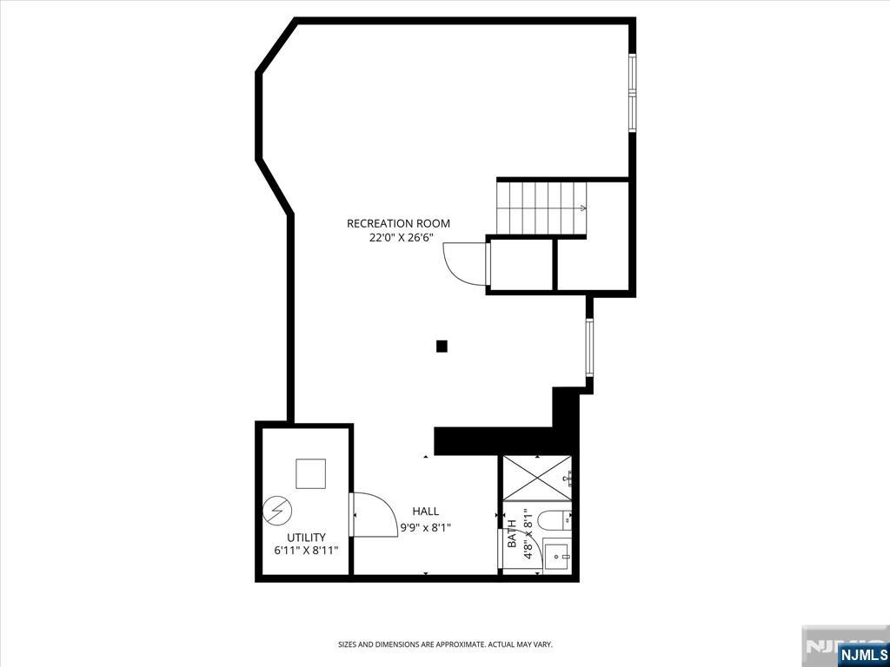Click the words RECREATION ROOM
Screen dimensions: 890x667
(x=398, y=223)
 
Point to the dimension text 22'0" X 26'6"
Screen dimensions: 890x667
(x=398, y=238)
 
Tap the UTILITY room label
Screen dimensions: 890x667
(x=306, y=537)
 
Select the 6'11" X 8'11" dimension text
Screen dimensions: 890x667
(x=306, y=551)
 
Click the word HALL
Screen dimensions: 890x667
(x=426, y=512)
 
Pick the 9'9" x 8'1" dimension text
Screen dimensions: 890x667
(x=426, y=527)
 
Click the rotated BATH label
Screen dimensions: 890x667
(x=512, y=534)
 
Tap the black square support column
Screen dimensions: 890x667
(x=442, y=346)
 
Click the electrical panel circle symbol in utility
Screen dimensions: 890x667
(x=277, y=511)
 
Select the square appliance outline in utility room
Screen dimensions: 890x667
(x=310, y=473)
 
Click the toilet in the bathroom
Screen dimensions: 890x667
(x=548, y=519)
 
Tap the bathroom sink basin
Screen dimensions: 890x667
(x=556, y=557)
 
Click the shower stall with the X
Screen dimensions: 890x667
(x=537, y=478)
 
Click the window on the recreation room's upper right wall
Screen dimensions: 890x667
(x=632, y=93)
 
